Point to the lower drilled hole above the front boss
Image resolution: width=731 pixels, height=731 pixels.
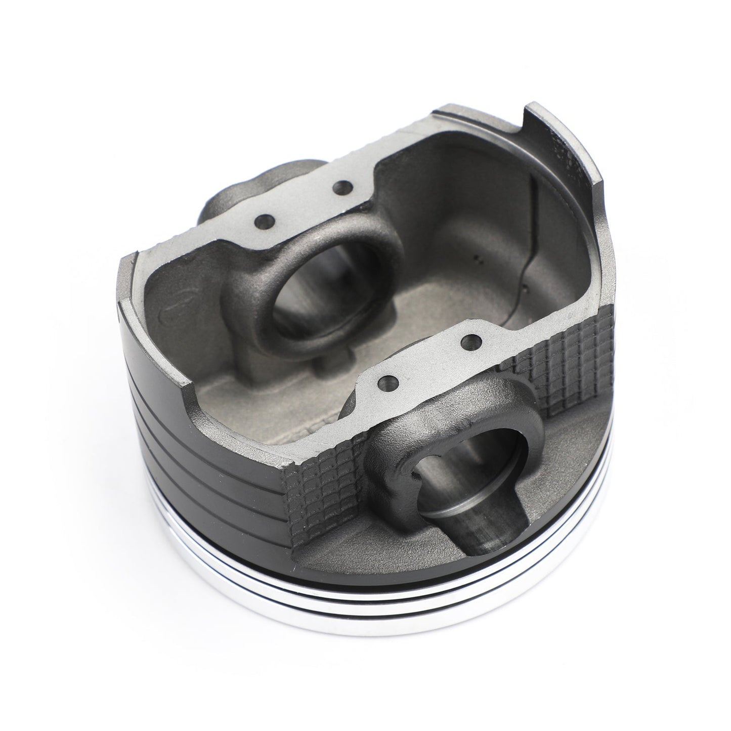[388, 380]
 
